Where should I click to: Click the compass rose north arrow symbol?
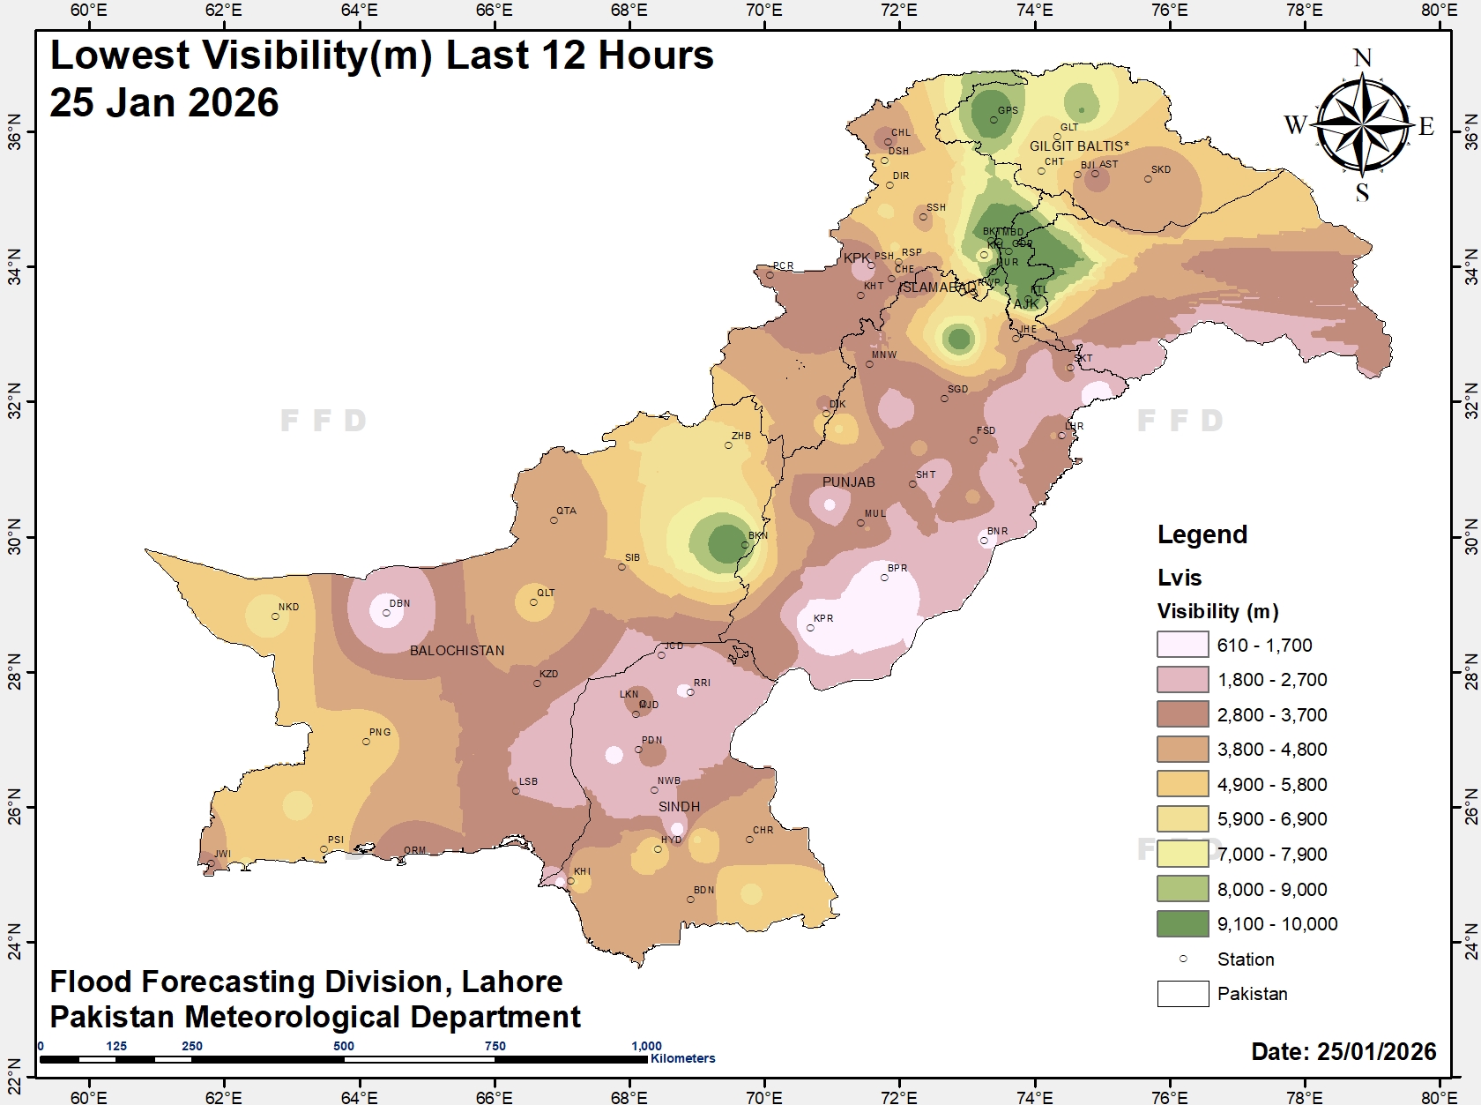coord(1363,123)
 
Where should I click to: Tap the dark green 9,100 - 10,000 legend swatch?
coord(1182,923)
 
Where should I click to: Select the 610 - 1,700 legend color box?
coord(1182,645)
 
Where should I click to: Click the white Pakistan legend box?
coord(1182,993)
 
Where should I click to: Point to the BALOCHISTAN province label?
coord(457,651)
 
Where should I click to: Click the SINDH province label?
coord(679,807)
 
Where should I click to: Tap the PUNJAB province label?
coord(848,482)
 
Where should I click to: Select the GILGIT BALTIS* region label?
coord(1078,146)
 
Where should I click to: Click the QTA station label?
coord(566,511)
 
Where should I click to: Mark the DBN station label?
coord(399,604)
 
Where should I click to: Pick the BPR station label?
coord(897,568)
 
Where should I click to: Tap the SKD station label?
coord(1161,169)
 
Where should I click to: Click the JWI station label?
coord(222,854)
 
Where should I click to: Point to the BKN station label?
coord(758,535)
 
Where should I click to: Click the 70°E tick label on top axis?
coord(763,10)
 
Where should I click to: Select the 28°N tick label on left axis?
coord(14,672)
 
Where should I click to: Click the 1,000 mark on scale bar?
coord(646,1046)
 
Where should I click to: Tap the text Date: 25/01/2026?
coord(1343,1051)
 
